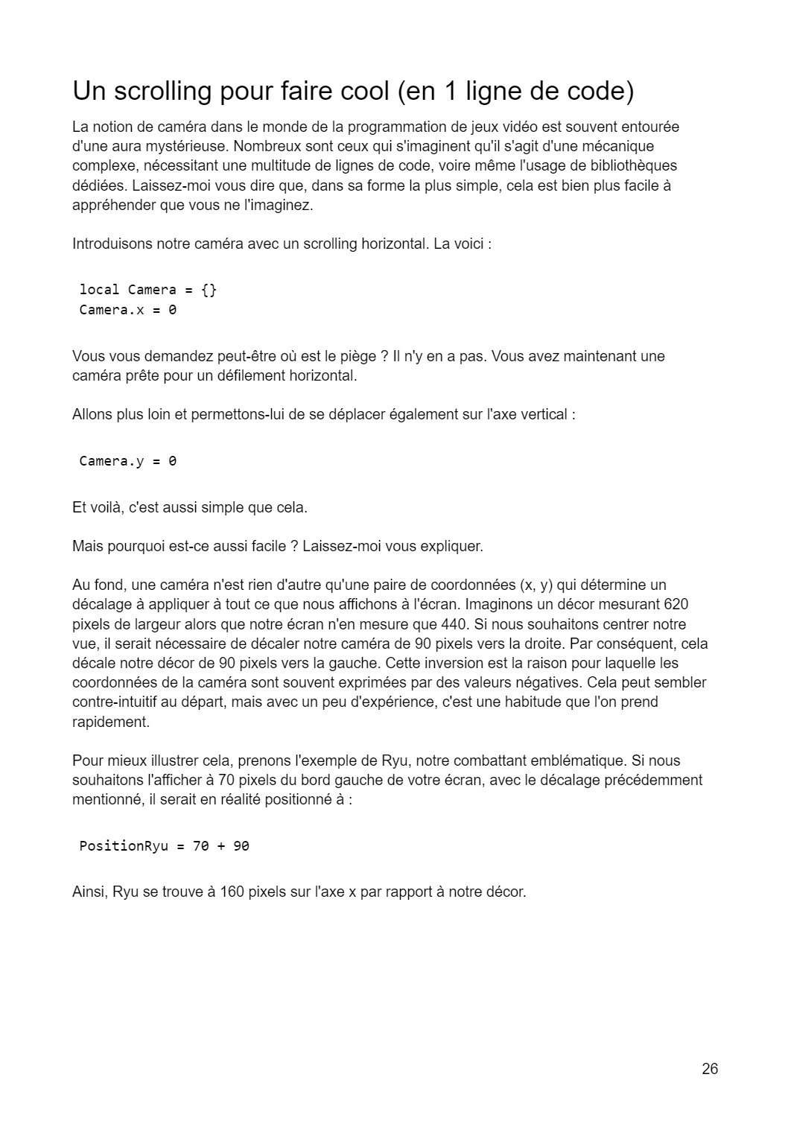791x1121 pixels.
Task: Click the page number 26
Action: tap(710, 1069)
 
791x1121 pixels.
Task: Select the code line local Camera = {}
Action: tap(148, 290)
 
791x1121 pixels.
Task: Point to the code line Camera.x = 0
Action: tap(128, 310)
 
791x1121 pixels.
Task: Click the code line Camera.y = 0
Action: tap(128, 461)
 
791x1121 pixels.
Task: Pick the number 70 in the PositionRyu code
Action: tap(200, 846)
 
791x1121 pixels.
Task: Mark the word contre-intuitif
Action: tap(121, 702)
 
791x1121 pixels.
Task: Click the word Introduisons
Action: tap(112, 244)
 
